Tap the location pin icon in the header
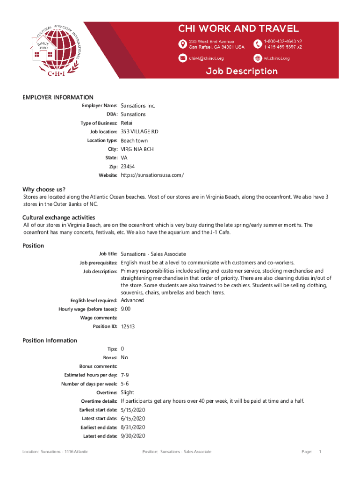point(182,44)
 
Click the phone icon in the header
point(258,44)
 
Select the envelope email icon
point(182,58)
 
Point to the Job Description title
point(242,71)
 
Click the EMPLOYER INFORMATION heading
point(58,97)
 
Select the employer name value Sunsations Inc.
point(138,106)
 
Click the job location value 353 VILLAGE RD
point(139,131)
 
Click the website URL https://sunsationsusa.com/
point(152,175)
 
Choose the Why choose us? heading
point(44,189)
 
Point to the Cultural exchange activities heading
point(59,218)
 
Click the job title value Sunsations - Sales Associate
point(153,254)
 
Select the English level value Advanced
point(132,300)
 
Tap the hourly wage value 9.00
point(126,309)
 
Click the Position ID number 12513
point(128,327)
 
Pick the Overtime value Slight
point(127,392)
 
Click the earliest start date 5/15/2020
point(133,410)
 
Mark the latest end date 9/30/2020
point(133,436)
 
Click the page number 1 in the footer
point(320,452)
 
